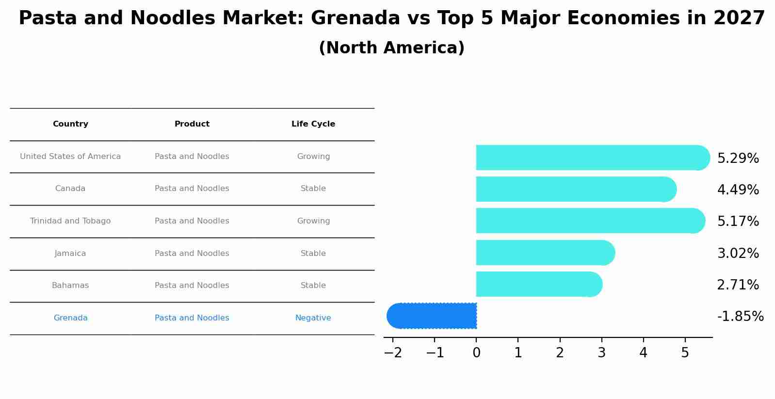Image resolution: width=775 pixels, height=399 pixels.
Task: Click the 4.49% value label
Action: pos(738,190)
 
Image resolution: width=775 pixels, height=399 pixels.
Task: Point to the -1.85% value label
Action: pos(740,317)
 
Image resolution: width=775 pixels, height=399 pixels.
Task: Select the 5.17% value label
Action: pos(738,222)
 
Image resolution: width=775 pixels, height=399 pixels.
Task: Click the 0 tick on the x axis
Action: pos(476,353)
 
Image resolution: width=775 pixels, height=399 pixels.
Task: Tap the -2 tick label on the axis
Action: pos(393,353)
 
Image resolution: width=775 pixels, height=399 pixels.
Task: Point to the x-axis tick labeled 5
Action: pos(685,353)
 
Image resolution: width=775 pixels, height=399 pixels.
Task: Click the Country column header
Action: pos(70,124)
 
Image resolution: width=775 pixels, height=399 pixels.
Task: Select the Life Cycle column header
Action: pos(313,124)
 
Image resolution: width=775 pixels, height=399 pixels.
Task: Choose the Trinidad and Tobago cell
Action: pos(70,221)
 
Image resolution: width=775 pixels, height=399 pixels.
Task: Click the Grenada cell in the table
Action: pos(70,318)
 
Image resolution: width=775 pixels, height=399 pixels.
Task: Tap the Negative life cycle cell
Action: pos(313,318)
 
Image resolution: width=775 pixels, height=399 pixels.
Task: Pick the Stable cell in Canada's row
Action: pos(313,189)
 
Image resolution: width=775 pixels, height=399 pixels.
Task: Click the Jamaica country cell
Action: pos(70,254)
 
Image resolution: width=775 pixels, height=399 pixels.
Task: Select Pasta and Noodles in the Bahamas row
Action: pos(192,286)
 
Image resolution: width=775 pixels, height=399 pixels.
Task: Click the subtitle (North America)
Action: pos(391,48)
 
